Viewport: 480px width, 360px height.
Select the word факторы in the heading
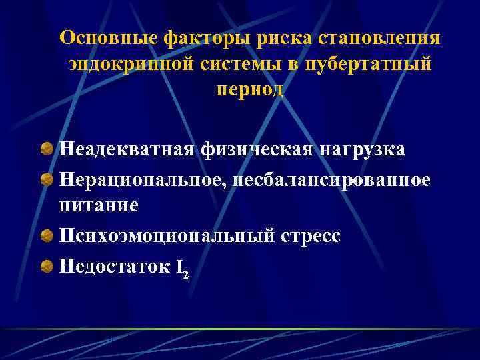182,38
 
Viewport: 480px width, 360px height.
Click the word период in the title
249,90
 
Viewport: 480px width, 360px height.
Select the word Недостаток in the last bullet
115,267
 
